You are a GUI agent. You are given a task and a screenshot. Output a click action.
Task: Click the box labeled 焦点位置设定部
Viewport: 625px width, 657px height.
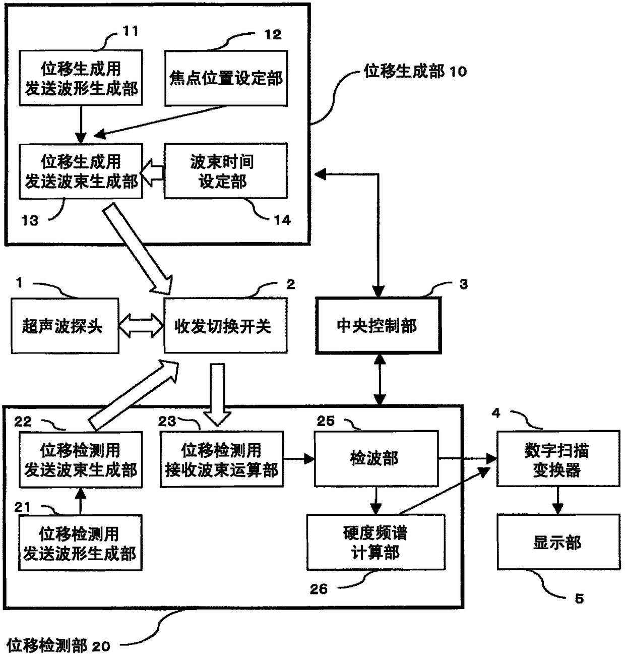click(x=226, y=78)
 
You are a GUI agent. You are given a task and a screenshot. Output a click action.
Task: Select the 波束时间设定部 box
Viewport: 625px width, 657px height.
click(x=225, y=171)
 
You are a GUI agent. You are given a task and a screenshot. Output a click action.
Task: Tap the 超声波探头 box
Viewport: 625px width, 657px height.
click(x=65, y=326)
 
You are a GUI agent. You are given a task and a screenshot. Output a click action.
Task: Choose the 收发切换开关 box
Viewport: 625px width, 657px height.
click(x=225, y=325)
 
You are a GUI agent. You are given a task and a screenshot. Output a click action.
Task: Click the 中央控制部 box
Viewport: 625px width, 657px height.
click(x=378, y=325)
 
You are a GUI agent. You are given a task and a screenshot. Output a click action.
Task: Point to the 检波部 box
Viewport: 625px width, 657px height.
click(x=376, y=458)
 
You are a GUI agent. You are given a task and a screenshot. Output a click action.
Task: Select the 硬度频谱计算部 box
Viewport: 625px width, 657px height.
click(x=376, y=542)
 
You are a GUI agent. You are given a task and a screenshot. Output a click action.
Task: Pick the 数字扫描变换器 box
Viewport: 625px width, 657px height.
click(x=558, y=458)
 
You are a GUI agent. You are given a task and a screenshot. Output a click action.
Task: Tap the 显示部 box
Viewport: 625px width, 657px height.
click(x=558, y=542)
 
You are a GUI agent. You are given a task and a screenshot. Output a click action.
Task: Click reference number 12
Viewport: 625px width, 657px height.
click(x=273, y=34)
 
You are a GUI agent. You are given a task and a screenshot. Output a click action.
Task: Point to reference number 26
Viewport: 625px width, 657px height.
click(x=319, y=589)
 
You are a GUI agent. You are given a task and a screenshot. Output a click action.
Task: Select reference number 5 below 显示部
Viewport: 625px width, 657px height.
click(x=579, y=599)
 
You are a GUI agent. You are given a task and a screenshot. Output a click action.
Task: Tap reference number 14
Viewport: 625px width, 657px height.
click(x=282, y=220)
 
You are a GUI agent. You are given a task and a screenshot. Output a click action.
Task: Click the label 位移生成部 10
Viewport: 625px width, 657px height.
click(x=415, y=71)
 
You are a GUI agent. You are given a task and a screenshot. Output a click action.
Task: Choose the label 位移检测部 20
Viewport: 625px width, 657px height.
click(x=58, y=645)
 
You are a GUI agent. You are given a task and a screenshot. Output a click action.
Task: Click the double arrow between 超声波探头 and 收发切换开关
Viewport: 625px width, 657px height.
click(x=141, y=326)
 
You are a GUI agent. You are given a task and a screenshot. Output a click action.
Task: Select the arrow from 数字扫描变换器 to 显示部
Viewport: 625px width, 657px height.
click(x=557, y=500)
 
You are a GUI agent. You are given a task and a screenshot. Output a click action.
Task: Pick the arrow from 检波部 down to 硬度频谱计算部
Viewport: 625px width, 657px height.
click(x=376, y=501)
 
